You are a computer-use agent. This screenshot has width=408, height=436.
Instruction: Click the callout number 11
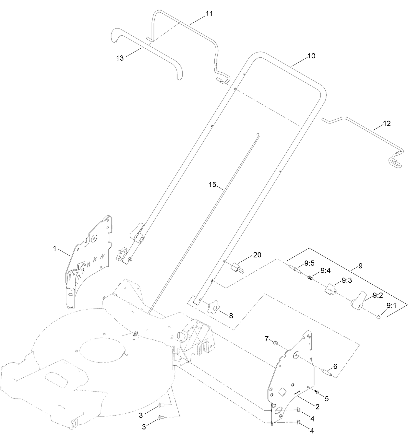click(209, 14)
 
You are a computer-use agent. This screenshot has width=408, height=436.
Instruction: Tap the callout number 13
click(120, 58)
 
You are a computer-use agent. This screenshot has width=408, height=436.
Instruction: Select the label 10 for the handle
click(311, 56)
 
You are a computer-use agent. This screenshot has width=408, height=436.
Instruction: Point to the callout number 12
click(387, 124)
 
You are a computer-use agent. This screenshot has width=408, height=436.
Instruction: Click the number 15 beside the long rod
click(212, 184)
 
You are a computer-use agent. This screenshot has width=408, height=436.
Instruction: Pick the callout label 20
click(257, 255)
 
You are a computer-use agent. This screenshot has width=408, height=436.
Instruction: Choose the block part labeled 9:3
click(330, 288)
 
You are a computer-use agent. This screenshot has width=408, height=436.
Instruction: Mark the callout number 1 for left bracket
click(55, 249)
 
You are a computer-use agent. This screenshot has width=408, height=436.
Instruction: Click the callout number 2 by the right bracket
click(317, 407)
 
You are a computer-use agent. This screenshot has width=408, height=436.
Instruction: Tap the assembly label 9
click(360, 266)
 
